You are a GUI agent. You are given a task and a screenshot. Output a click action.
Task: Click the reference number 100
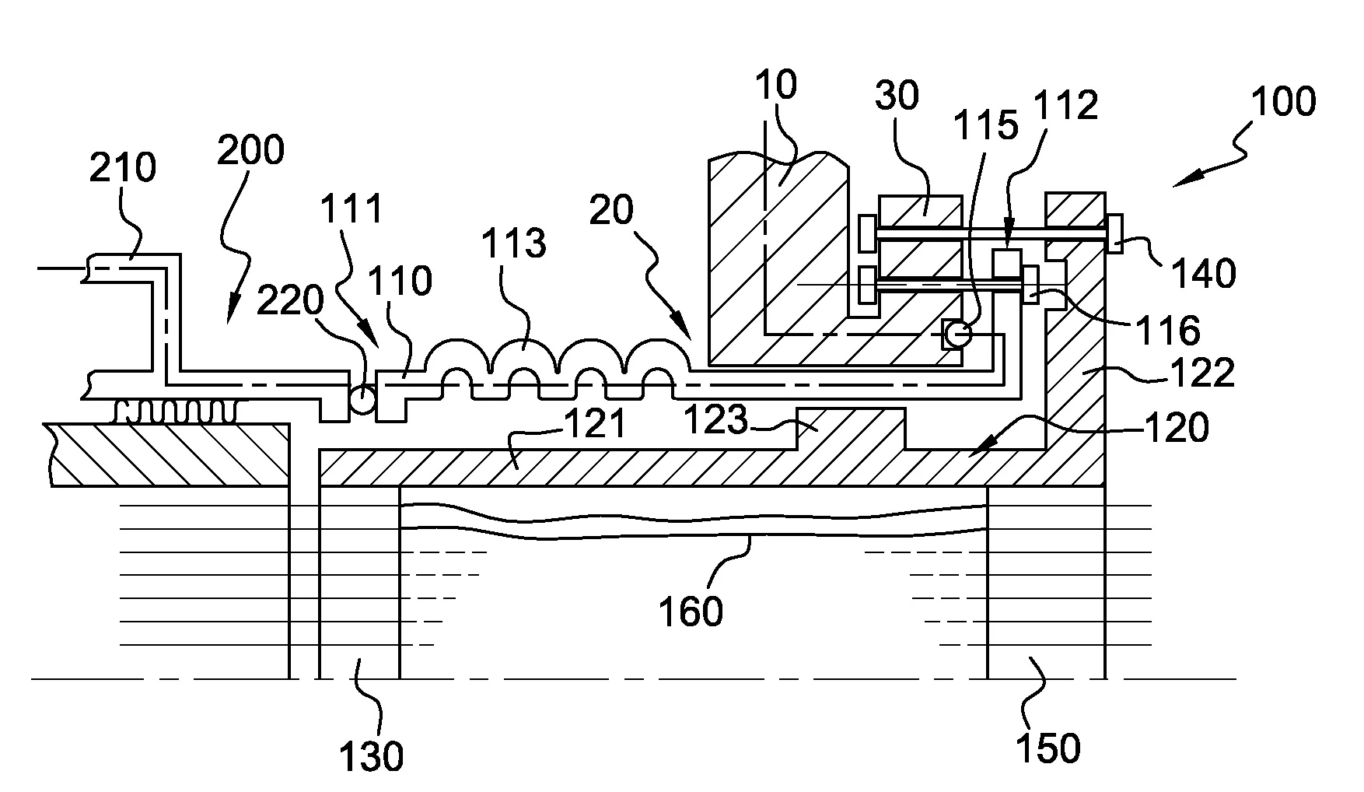[x=1283, y=102]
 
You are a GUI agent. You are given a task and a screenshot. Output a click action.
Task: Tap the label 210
[x=123, y=167]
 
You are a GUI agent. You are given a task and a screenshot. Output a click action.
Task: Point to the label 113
[x=513, y=244]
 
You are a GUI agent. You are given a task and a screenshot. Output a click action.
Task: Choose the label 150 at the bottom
[x=1048, y=748]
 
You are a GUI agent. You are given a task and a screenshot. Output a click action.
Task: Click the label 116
[x=1168, y=331]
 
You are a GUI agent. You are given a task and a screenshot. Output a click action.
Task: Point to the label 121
[x=595, y=426]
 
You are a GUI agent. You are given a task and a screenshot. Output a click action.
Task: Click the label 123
[x=715, y=421]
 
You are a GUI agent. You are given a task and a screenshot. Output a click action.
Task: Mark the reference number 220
[x=291, y=299]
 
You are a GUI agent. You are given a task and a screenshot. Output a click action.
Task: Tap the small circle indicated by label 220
[x=362, y=400]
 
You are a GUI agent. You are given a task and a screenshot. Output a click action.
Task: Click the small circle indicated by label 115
[x=957, y=335]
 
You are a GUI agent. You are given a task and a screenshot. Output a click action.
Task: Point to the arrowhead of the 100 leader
[x=1175, y=184]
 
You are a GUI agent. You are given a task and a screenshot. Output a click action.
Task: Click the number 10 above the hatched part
[x=775, y=85]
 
